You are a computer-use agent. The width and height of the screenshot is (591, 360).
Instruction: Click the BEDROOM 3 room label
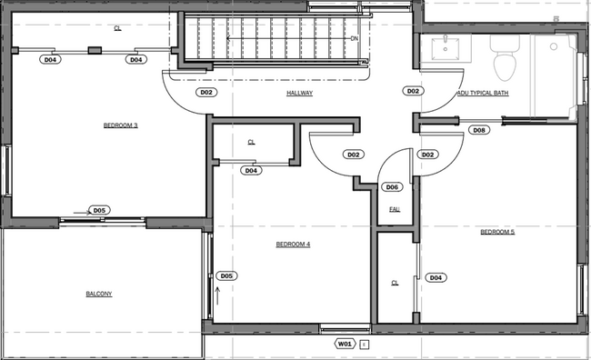[121, 125]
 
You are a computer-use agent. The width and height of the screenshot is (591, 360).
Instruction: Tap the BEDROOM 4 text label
[294, 244]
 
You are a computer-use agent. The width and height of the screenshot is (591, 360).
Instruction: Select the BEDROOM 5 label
[497, 232]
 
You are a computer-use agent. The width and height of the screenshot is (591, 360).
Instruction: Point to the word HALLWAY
[300, 93]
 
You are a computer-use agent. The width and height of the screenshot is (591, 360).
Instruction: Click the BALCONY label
[99, 294]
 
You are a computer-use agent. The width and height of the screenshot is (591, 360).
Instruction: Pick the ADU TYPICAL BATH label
[483, 93]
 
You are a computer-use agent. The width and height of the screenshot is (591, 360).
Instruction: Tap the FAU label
[395, 209]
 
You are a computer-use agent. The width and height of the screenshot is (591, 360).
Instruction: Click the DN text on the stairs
[355, 39]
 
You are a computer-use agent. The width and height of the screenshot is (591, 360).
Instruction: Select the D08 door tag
[480, 130]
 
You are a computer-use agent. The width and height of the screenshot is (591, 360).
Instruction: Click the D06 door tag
[392, 187]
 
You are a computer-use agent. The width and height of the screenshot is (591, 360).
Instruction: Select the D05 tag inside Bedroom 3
[99, 210]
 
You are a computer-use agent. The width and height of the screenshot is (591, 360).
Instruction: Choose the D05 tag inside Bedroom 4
[226, 275]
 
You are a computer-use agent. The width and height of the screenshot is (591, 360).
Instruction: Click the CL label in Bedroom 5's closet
[396, 283]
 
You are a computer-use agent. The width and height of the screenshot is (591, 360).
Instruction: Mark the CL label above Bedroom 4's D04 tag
[252, 143]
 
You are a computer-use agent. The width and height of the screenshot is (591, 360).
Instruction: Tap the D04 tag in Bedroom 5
[436, 277]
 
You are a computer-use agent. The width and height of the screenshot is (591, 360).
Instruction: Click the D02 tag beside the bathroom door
[413, 92]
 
